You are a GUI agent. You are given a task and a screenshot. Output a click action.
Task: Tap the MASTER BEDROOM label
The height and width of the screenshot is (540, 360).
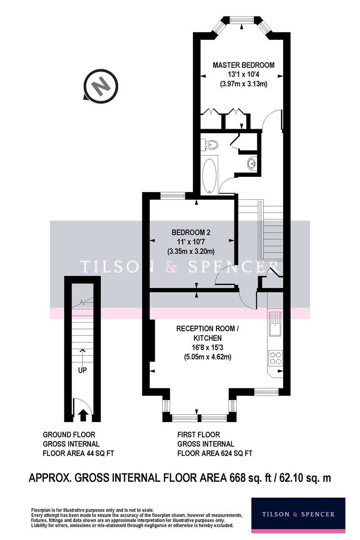point(243,65)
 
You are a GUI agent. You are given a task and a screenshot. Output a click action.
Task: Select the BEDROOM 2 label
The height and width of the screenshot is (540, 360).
point(191,232)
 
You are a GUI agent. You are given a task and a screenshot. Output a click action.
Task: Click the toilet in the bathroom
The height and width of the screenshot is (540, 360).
point(210,144)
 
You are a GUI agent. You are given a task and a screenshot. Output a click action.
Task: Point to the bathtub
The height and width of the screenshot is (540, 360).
point(209,175)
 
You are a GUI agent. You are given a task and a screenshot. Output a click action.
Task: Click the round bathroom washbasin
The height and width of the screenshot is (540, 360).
point(252,163)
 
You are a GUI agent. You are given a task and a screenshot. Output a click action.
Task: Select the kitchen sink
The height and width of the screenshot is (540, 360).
point(275,324)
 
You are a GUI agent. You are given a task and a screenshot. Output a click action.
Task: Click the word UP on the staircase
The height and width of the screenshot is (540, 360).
point(82,370)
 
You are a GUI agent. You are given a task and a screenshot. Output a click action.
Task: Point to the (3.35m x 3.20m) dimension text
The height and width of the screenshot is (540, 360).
point(191,252)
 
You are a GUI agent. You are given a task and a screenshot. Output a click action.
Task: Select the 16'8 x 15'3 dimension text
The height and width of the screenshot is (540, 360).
point(207,347)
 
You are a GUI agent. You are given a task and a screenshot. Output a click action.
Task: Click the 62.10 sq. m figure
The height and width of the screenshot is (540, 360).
point(305,478)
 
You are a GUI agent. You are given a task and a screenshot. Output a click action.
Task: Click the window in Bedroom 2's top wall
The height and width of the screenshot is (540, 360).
point(173,195)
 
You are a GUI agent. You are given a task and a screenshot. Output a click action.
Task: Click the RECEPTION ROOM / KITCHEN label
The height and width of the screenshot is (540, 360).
point(207,333)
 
